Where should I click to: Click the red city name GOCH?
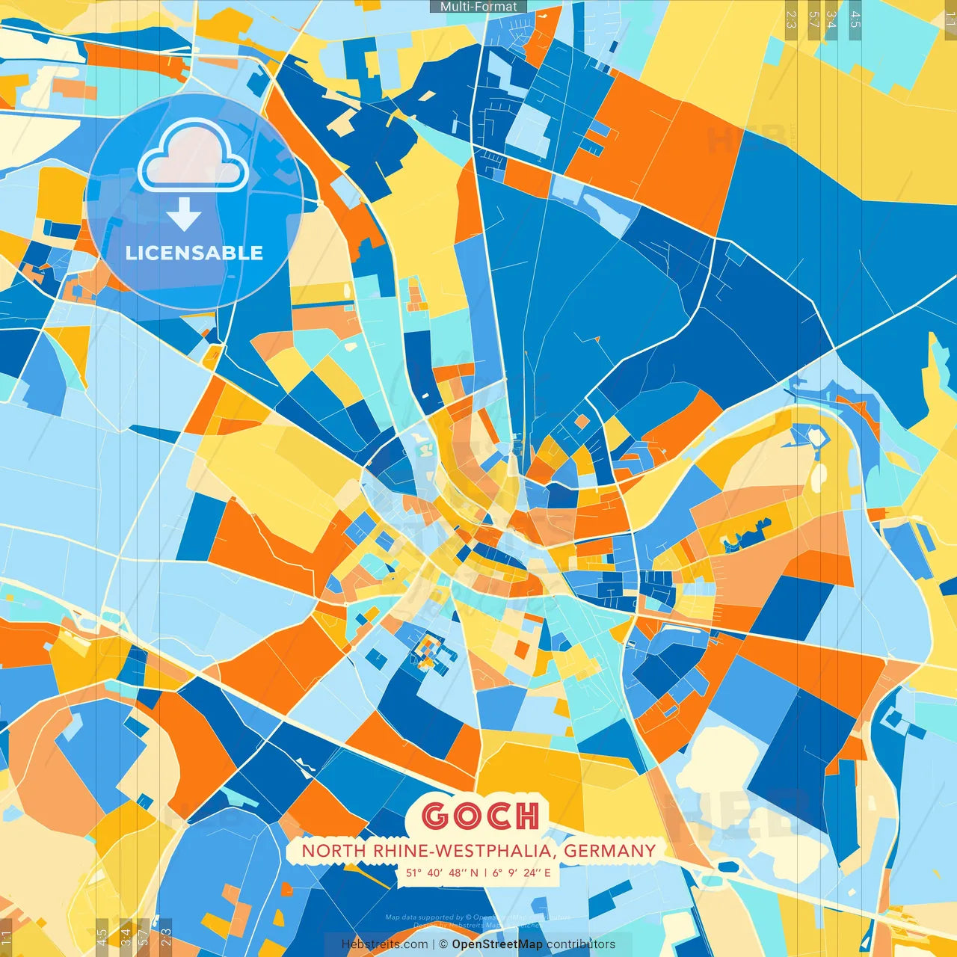(480, 816)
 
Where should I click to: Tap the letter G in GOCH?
(436, 816)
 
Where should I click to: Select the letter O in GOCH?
(467, 816)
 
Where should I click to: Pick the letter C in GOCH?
(497, 816)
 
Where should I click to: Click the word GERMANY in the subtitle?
(609, 850)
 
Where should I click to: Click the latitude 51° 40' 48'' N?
(442, 873)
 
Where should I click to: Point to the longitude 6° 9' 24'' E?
(521, 873)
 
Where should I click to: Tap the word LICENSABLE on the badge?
(194, 253)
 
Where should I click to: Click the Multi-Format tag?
(478, 7)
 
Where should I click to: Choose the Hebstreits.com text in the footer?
(384, 944)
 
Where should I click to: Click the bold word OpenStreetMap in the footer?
(497, 944)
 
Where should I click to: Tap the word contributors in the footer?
(581, 944)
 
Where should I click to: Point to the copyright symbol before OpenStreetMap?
(444, 944)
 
